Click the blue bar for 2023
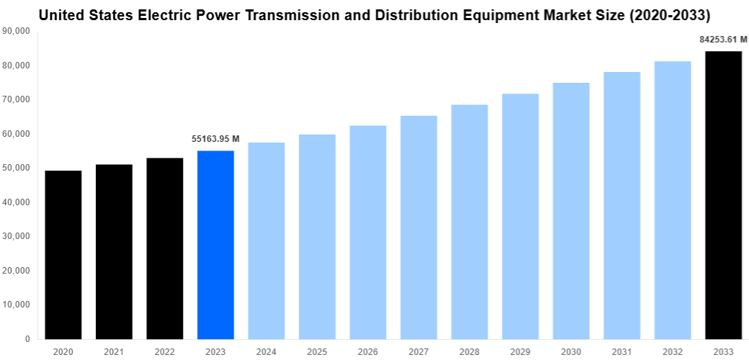click(215, 245)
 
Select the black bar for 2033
click(723, 194)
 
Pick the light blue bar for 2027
click(418, 227)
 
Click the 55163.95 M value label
click(215, 139)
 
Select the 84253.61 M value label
click(723, 40)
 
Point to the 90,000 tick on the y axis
click(17, 31)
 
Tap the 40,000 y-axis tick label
click(17, 202)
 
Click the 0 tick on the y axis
click(27, 339)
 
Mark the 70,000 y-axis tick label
click(17, 99)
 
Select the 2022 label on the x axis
click(165, 351)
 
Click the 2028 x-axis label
click(470, 351)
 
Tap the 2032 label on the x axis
click(673, 351)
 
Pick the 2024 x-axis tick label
click(266, 351)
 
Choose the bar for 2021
click(114, 251)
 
